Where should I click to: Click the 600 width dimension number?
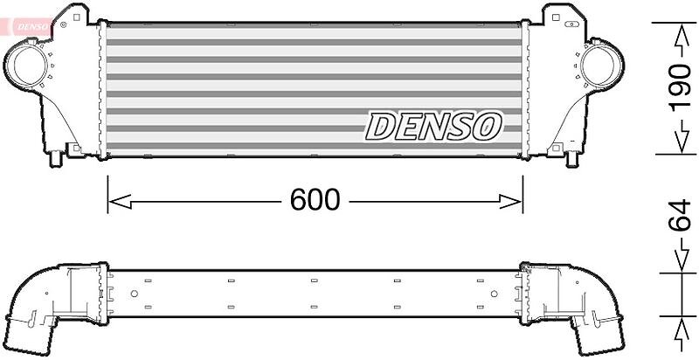click(x=315, y=200)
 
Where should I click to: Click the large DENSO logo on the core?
click(x=433, y=127)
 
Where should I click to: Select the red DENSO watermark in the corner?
click(x=31, y=27)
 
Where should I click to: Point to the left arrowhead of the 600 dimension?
click(x=120, y=201)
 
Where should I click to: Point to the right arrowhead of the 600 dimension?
click(x=510, y=201)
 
